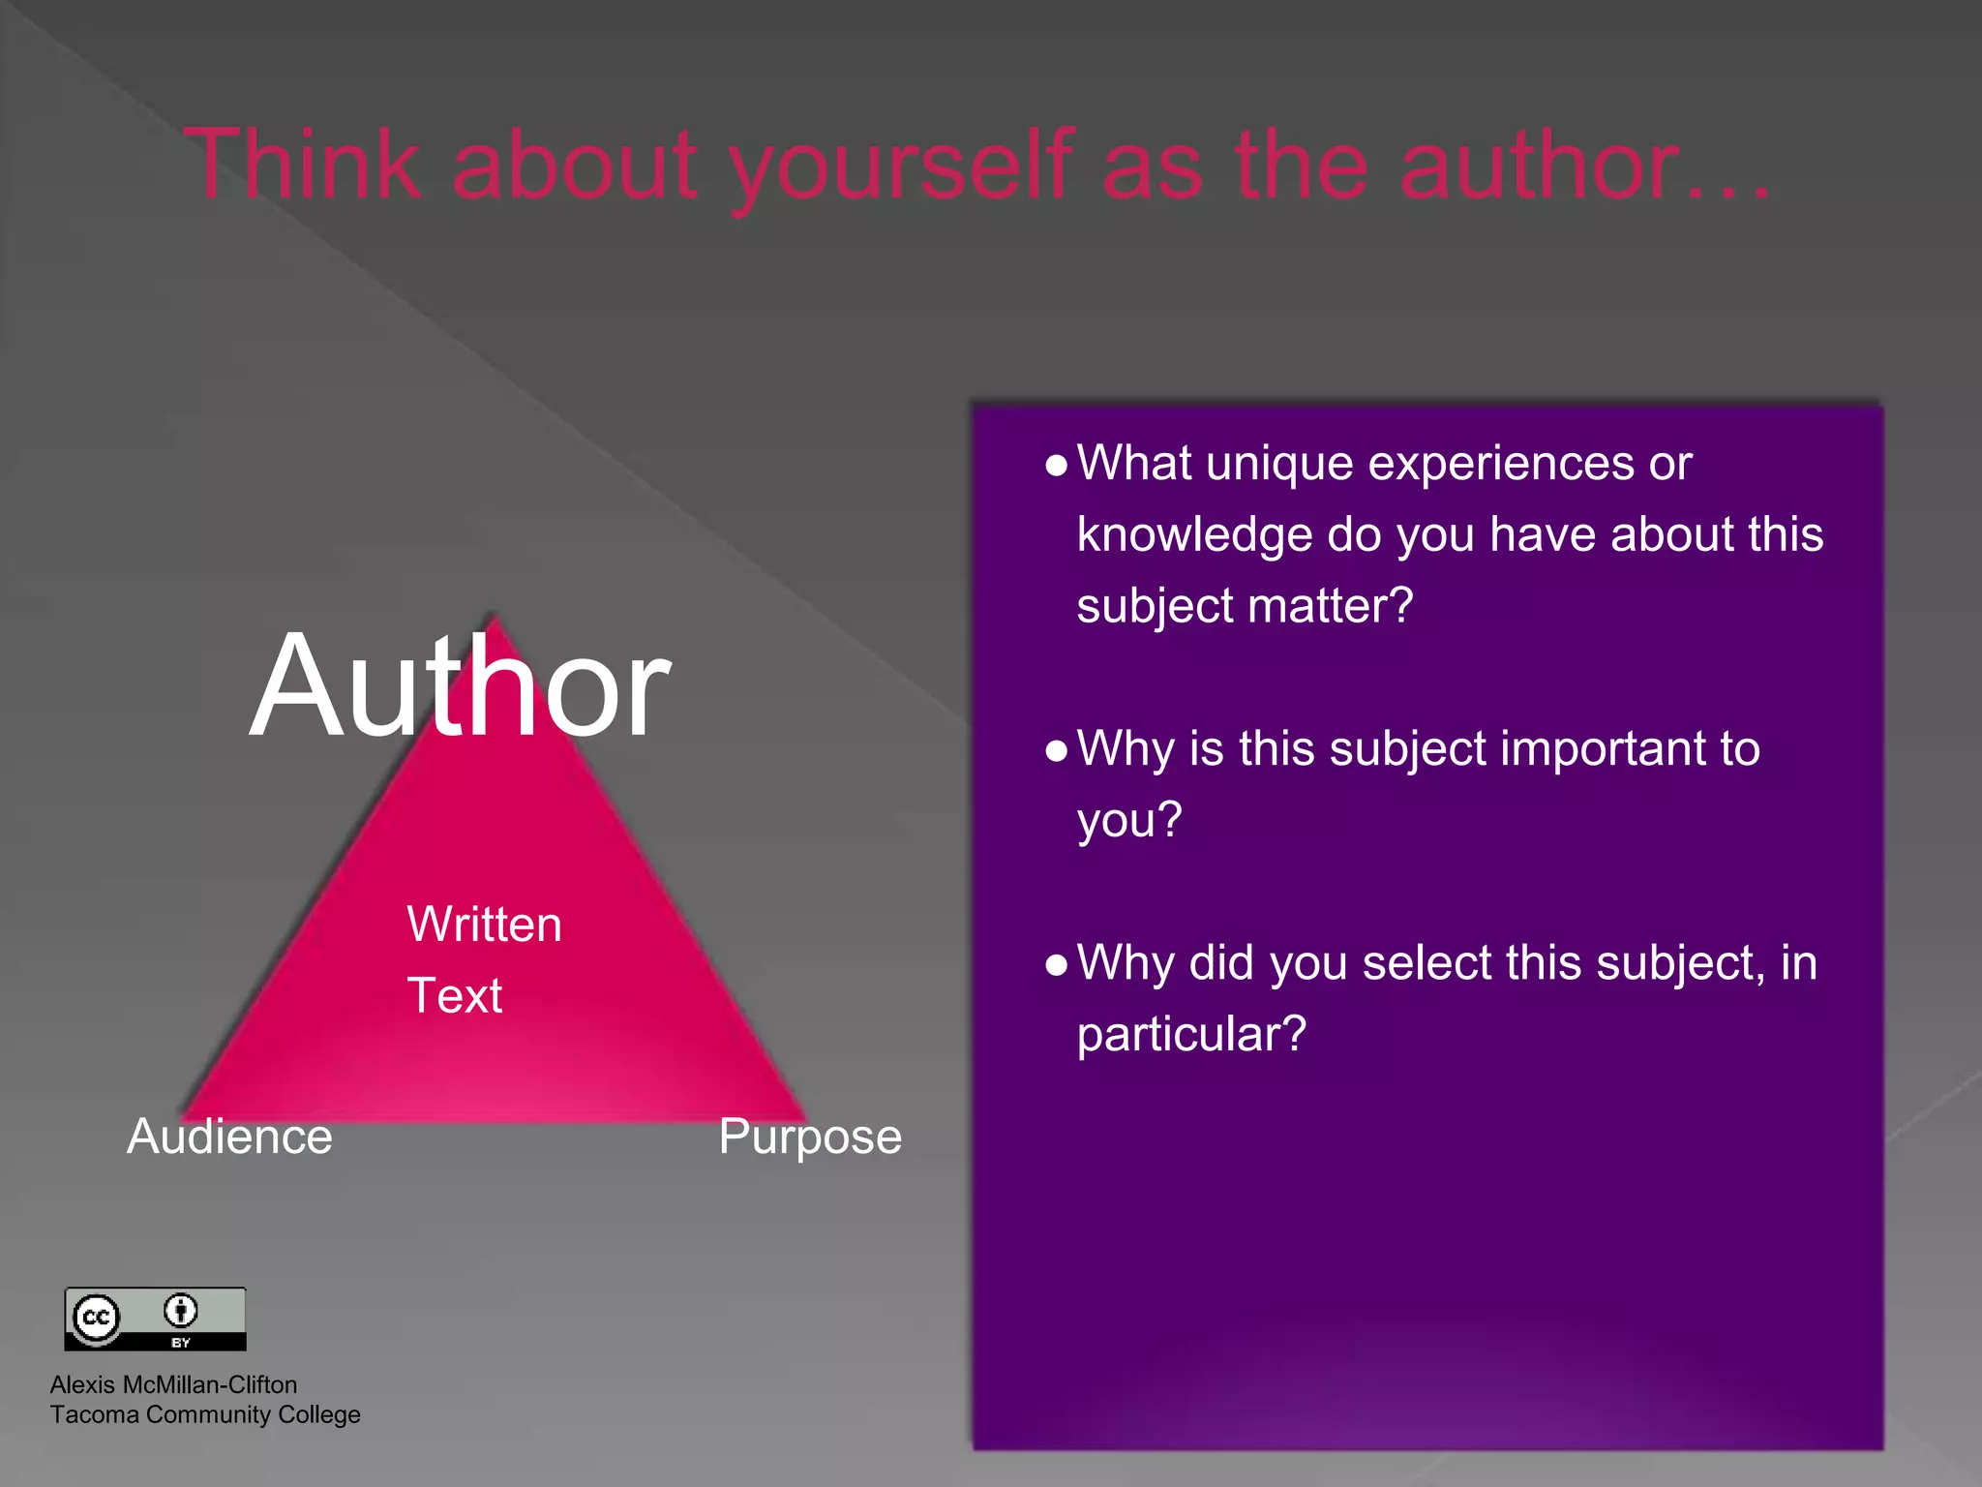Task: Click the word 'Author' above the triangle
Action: (460, 685)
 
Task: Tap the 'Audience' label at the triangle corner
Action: (229, 1137)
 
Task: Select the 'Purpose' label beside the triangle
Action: (810, 1137)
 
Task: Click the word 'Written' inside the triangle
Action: (484, 924)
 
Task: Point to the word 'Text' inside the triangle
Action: (455, 995)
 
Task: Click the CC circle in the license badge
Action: (96, 1318)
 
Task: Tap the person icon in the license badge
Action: (180, 1311)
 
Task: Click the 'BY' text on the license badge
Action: (181, 1343)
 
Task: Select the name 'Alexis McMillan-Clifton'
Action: (173, 1384)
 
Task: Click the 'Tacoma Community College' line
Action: (205, 1414)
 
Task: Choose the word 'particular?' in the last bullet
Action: (1191, 1034)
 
